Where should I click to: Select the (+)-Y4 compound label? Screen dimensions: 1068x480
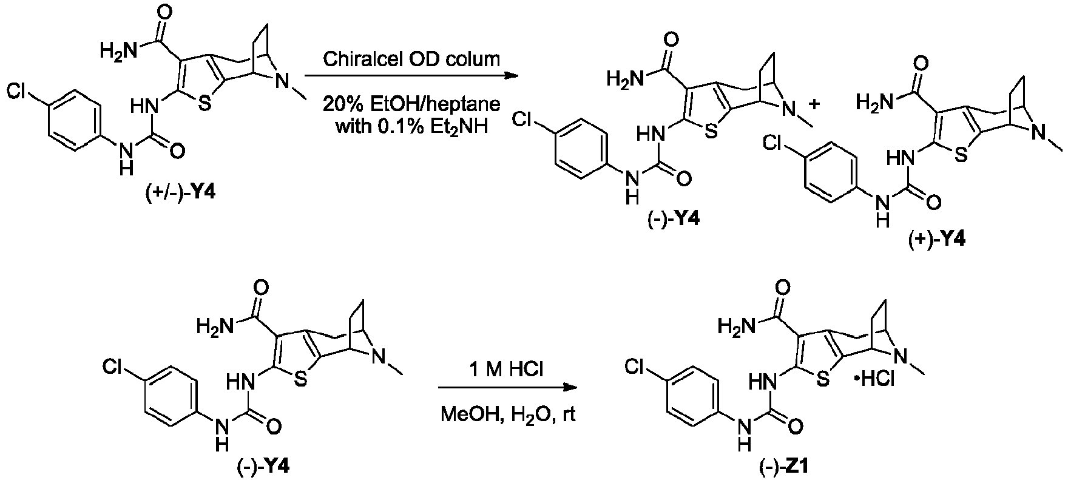click(x=937, y=240)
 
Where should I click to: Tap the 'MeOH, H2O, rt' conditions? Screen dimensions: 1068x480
click(x=508, y=416)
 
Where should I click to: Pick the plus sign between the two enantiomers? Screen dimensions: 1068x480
click(x=816, y=104)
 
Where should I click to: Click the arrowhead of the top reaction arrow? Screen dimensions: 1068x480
click(x=512, y=76)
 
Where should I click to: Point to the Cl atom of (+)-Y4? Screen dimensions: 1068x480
click(x=774, y=143)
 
